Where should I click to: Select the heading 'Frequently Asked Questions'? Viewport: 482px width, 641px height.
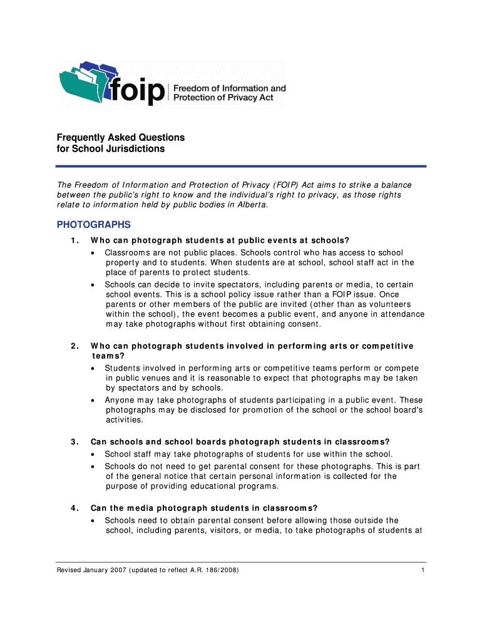[121, 137]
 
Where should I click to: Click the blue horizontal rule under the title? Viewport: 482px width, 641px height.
[241, 166]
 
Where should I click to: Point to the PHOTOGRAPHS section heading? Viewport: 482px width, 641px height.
[94, 224]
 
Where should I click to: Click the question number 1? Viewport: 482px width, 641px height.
[74, 240]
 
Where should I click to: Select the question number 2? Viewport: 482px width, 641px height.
[74, 346]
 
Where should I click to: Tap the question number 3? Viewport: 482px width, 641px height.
[74, 441]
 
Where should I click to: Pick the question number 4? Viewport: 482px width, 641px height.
[74, 508]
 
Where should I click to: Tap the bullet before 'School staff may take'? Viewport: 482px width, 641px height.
[93, 454]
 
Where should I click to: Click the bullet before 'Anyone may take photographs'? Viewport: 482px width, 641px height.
[93, 401]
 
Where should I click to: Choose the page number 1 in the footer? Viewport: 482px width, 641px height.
[424, 571]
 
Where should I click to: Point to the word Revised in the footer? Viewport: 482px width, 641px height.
[69, 571]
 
